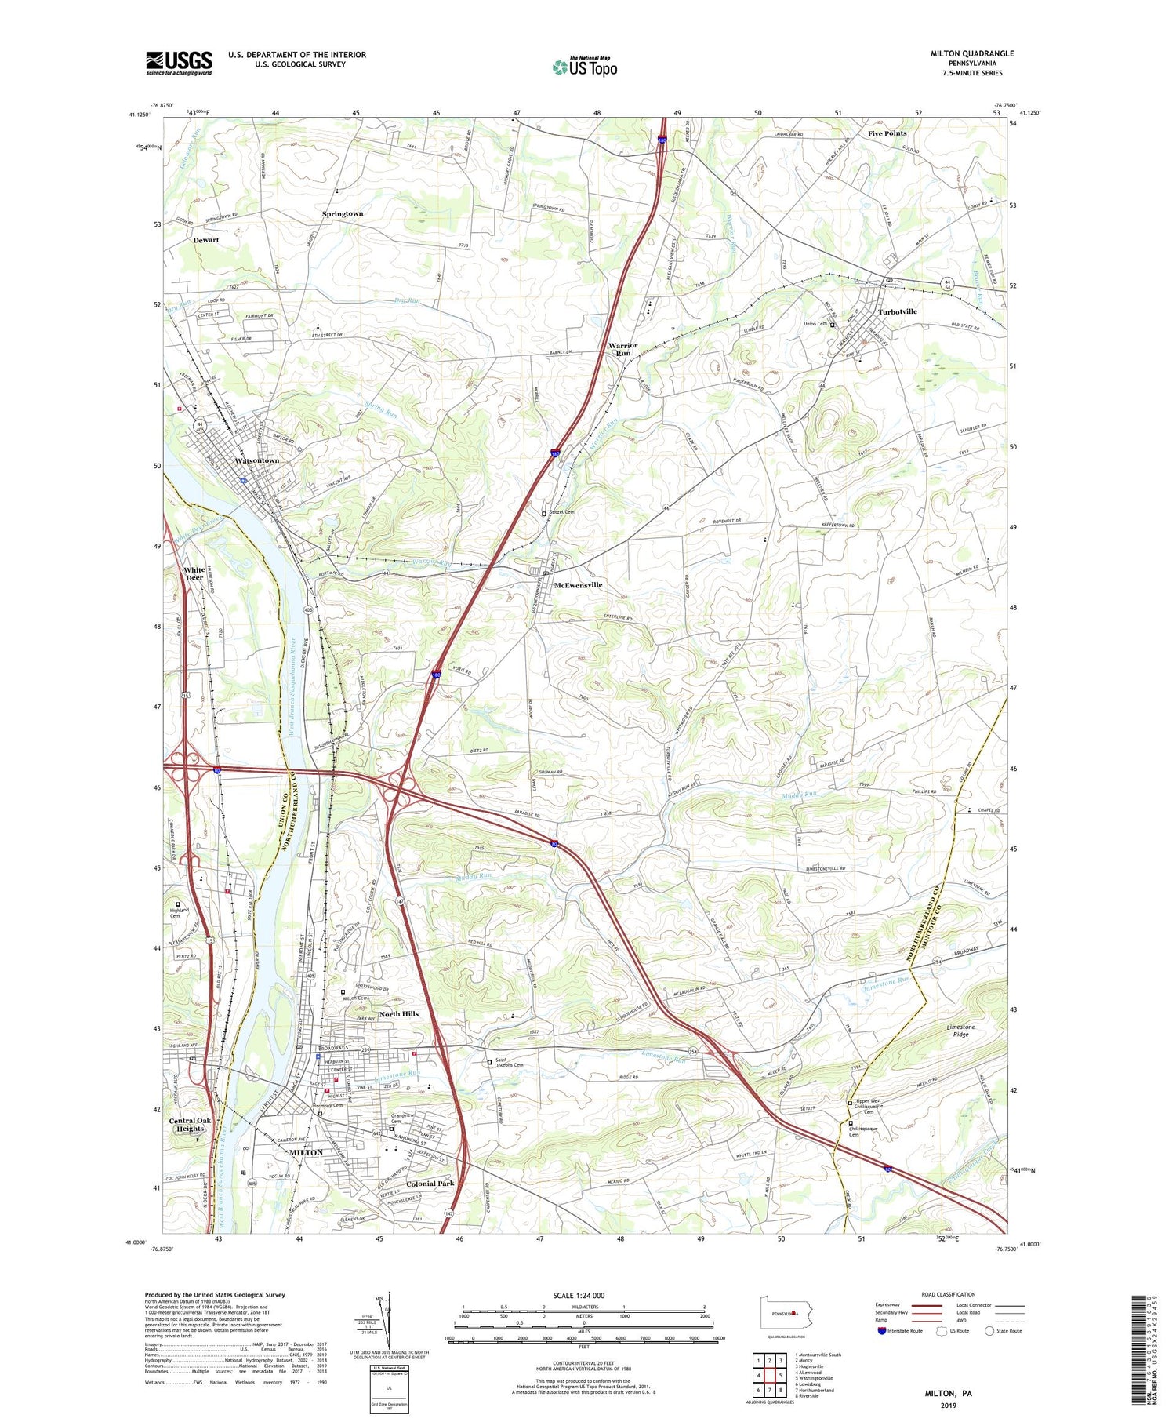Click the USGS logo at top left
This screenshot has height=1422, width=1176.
point(179,63)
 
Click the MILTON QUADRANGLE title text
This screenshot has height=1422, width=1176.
point(971,53)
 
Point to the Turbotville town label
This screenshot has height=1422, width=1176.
point(897,311)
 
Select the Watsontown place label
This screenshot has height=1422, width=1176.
point(257,460)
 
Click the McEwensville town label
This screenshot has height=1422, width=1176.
point(578,585)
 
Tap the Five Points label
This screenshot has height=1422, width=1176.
point(887,133)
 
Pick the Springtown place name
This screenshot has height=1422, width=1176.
point(343,213)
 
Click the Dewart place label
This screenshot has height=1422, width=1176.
point(206,240)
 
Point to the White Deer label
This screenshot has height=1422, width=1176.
point(194,573)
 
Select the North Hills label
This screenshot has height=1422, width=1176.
point(398,1013)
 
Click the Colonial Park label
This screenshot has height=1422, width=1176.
point(430,1184)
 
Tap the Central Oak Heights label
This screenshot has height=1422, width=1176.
point(190,1125)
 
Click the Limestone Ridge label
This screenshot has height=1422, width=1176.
point(960,1030)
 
